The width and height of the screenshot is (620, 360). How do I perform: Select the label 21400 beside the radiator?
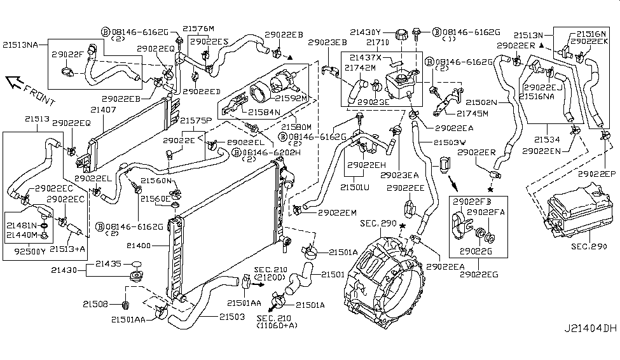(x=148, y=245)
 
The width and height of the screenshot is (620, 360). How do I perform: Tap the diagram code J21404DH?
(x=589, y=347)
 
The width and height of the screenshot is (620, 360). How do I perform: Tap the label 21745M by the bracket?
(x=472, y=114)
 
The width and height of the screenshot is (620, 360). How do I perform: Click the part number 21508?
(x=104, y=303)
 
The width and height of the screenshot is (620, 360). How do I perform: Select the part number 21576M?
(x=198, y=29)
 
